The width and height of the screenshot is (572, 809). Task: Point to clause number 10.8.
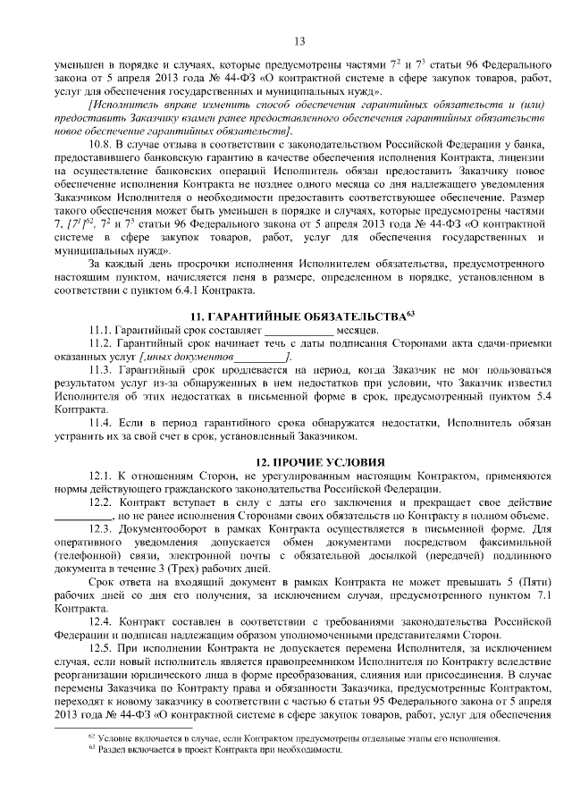pos(103,143)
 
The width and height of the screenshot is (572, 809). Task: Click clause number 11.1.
pos(103,331)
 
